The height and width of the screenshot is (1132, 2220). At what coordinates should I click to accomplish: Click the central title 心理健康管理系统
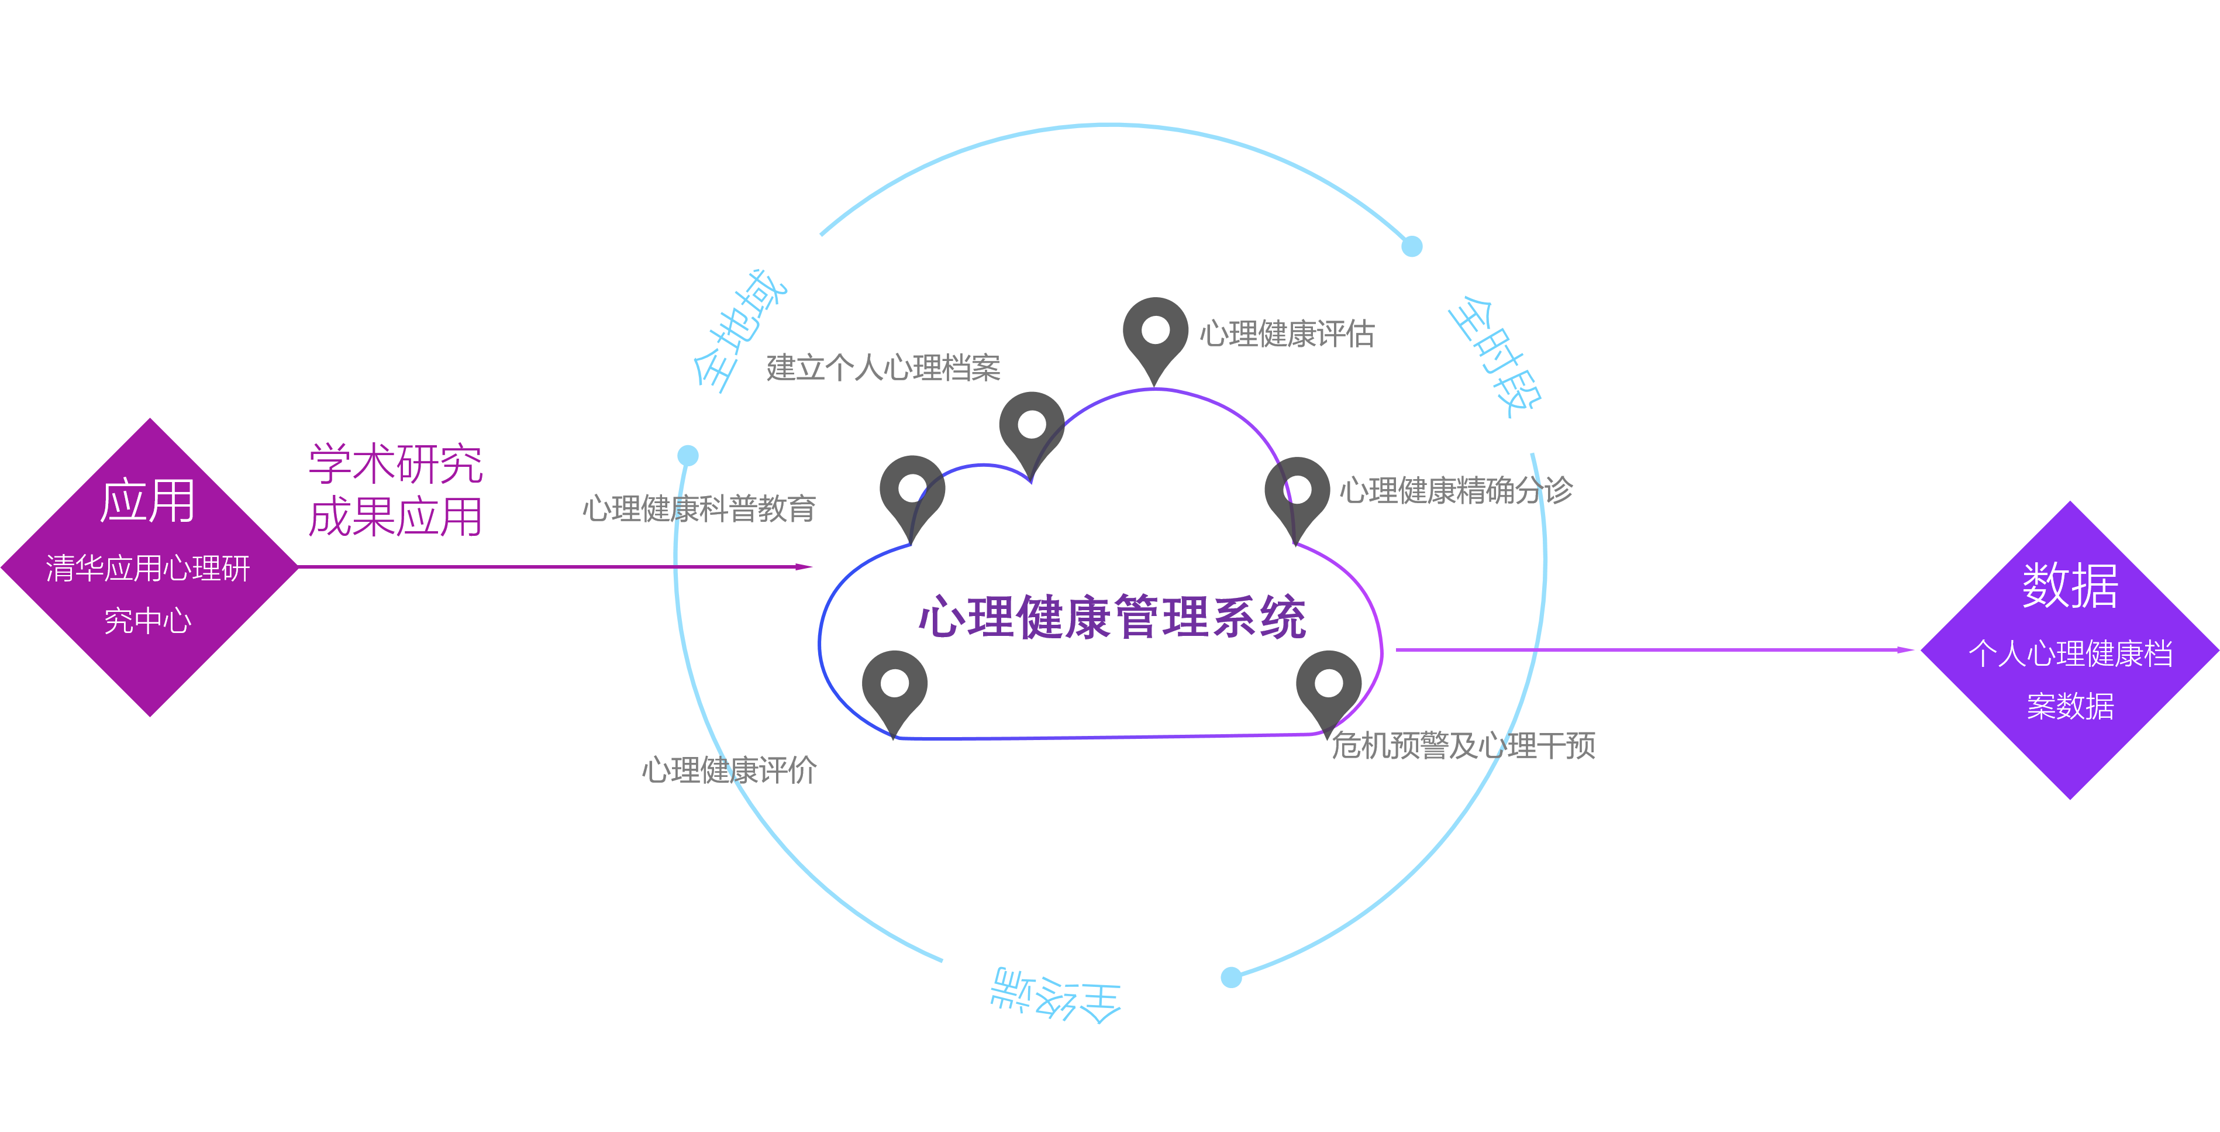click(x=1112, y=617)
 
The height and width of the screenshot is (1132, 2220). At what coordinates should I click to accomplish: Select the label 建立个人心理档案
click(x=883, y=368)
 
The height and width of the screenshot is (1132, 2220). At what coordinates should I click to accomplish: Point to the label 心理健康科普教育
click(x=699, y=508)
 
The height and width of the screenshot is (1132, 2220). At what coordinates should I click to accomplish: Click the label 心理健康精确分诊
click(x=1456, y=491)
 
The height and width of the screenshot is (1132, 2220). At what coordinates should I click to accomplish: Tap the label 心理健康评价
click(x=729, y=770)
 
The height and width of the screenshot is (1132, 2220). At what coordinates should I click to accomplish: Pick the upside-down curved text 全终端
click(x=1056, y=996)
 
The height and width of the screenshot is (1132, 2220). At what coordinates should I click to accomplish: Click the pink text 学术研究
click(x=395, y=464)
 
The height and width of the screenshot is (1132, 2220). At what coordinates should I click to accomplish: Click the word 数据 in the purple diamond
click(x=2070, y=586)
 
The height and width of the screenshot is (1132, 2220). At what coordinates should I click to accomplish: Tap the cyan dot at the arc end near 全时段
click(x=1412, y=246)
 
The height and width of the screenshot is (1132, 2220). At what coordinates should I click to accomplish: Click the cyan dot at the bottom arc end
click(x=1232, y=977)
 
